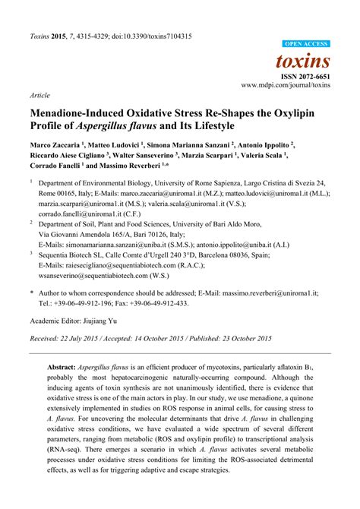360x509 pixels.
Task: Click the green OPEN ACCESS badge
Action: pyautogui.click(x=305, y=44)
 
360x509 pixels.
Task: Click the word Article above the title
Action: pyautogui.click(x=39, y=97)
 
